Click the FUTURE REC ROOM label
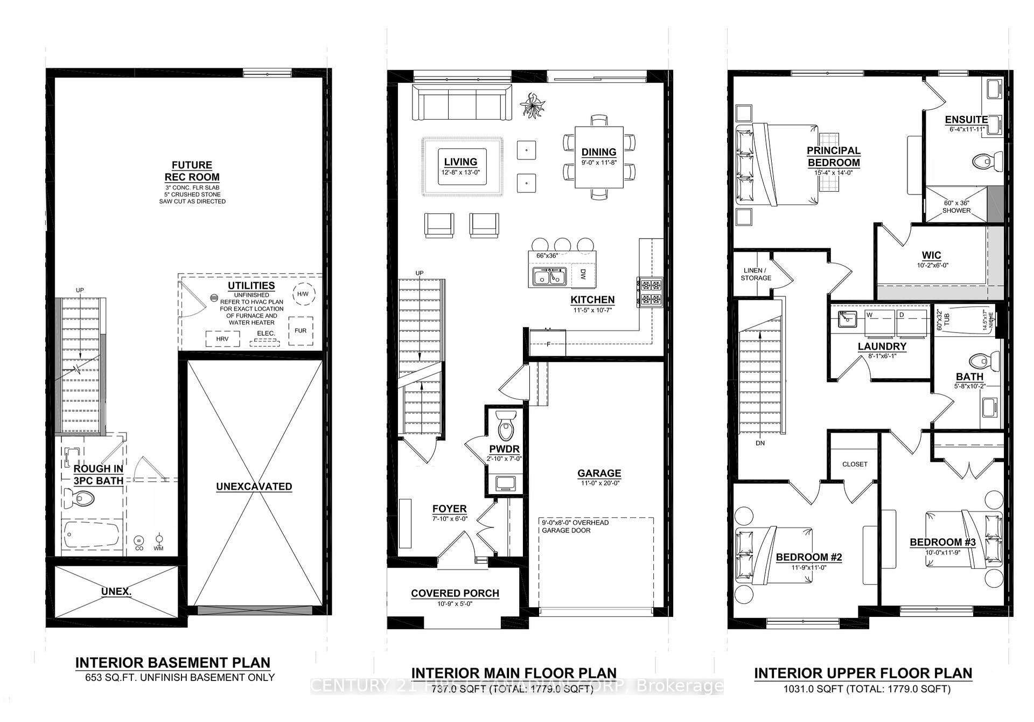click(x=192, y=171)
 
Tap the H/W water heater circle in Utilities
click(x=303, y=294)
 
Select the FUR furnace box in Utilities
click(x=301, y=330)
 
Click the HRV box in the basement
click(x=222, y=339)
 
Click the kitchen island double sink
click(x=548, y=277)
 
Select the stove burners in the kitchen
click(x=650, y=291)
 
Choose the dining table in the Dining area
click(x=599, y=157)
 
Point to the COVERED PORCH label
click(x=455, y=593)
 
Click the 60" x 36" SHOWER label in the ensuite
click(x=956, y=207)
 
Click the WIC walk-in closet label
click(x=931, y=255)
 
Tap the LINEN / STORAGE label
click(x=756, y=274)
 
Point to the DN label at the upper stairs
click(x=760, y=443)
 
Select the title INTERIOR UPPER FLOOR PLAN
click(x=863, y=673)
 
